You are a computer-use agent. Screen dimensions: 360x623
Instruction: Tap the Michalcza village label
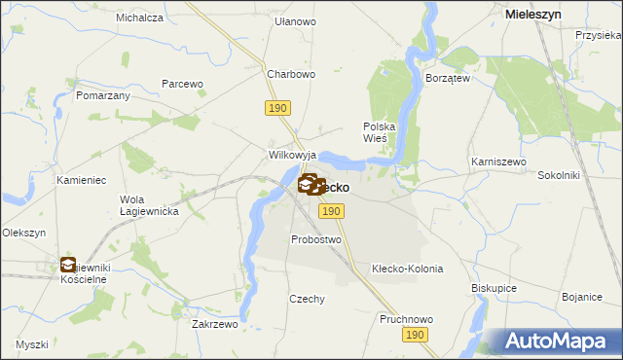[139, 18]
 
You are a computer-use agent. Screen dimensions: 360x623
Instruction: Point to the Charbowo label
[292, 73]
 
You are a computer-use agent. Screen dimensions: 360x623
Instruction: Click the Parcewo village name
[182, 84]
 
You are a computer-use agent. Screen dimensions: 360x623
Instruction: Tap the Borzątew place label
[448, 77]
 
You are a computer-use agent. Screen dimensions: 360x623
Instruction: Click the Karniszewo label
[498, 161]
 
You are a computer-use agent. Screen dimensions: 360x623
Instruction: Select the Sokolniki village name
[559, 176]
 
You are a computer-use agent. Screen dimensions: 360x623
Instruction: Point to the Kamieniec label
[80, 181]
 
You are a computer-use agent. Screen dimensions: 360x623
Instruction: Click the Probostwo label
[316, 239]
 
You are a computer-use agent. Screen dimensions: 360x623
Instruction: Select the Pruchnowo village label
[407, 318]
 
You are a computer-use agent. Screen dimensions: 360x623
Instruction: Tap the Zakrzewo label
[215, 324]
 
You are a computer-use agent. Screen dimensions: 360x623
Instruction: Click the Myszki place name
[32, 344]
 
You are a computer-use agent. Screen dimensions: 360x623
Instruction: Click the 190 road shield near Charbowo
[276, 107]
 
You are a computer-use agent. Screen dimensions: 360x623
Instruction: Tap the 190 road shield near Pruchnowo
[416, 335]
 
